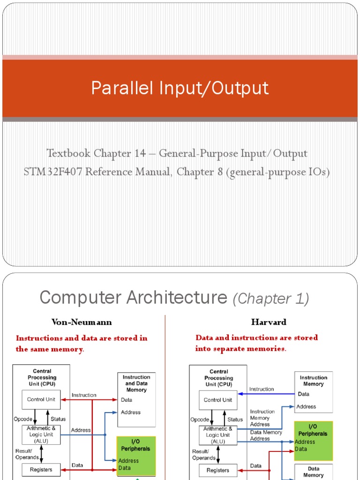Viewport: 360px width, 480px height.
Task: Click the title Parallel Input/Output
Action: [180, 88]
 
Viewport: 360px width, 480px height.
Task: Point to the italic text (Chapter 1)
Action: [271, 298]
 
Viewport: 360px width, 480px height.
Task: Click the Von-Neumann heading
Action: [82, 322]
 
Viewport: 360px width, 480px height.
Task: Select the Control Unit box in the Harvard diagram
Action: [218, 400]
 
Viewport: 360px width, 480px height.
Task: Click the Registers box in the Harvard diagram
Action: [217, 470]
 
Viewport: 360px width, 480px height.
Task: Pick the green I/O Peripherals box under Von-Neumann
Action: [135, 455]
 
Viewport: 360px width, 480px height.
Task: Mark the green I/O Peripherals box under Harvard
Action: [314, 440]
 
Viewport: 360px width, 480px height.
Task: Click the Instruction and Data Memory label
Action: [136, 383]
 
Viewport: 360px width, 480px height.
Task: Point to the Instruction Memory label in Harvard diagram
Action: [314, 381]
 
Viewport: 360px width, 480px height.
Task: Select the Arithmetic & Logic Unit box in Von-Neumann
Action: [41, 435]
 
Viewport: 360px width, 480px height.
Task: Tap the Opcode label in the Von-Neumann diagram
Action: [23, 419]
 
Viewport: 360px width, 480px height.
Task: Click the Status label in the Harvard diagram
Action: [235, 420]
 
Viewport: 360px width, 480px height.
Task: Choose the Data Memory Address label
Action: [266, 435]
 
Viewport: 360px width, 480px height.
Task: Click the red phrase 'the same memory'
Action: [49, 349]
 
